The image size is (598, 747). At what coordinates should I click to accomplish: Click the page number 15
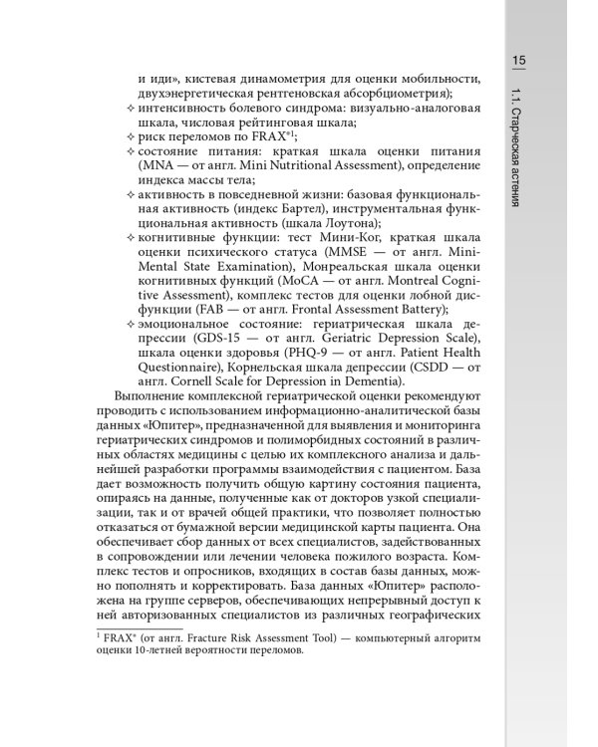coord(519,61)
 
